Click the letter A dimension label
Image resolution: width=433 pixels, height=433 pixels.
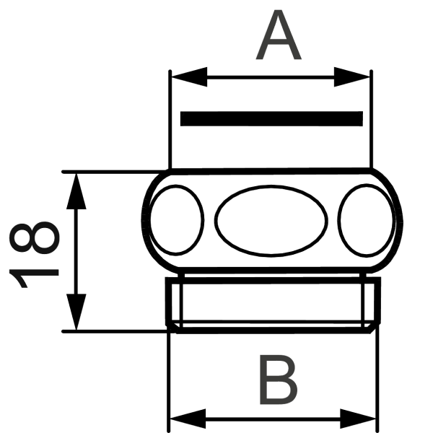pos(279,38)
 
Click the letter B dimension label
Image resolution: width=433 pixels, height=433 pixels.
pos(277,381)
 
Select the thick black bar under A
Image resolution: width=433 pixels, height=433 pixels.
pos(271,118)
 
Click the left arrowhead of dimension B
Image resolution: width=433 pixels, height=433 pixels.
pos(183,418)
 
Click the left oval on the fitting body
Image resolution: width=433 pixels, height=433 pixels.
pos(177,220)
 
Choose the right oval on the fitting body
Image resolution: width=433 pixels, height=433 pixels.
pos(365,220)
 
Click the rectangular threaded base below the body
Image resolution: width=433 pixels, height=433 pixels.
pos(274,303)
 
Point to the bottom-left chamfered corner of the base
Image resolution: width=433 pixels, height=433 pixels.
pos(173,326)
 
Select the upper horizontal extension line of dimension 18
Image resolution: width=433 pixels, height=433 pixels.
pos(108,172)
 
